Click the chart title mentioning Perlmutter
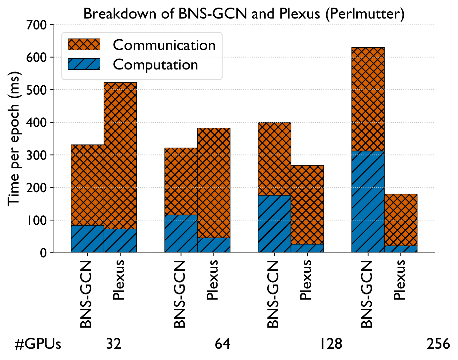[x=244, y=14]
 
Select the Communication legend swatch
[x=84, y=44]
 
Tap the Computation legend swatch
[x=84, y=64]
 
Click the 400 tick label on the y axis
[x=36, y=122]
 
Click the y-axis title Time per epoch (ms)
[x=14, y=139]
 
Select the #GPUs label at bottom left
[x=38, y=344]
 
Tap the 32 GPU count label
[x=114, y=344]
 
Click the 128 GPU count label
[x=331, y=344]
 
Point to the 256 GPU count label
[x=438, y=344]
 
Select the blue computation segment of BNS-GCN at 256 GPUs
[x=368, y=202]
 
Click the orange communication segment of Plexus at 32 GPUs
[x=120, y=156]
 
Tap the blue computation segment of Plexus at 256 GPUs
[x=401, y=249]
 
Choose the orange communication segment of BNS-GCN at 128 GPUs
[x=275, y=159]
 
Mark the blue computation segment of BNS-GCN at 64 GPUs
[x=181, y=234]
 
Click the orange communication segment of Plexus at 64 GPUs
[x=214, y=183]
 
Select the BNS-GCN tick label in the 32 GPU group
[x=86, y=294]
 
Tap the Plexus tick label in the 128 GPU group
[x=306, y=280]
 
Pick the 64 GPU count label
[x=223, y=344]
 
